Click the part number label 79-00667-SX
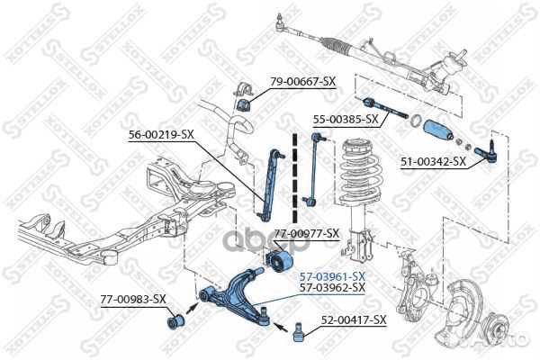302,82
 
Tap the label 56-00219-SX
161,135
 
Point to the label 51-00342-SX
433,162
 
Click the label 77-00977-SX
306,233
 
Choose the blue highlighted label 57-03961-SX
331,275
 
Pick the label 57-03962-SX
331,287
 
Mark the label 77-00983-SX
132,299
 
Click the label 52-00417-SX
354,319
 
